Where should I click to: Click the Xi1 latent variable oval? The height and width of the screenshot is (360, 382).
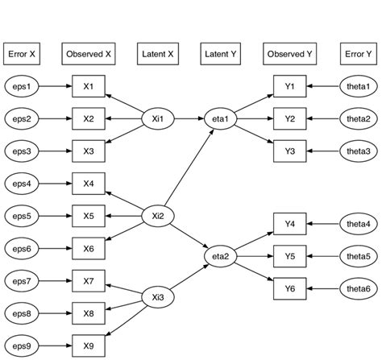pos(158,119)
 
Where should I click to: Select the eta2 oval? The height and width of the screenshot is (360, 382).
pos(221,257)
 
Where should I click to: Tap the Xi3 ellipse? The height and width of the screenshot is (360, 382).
pos(158,298)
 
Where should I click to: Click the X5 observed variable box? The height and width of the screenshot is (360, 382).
pos(89,216)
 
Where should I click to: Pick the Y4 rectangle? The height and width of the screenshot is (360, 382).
pos(290,223)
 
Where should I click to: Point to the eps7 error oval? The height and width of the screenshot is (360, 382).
pos(23,281)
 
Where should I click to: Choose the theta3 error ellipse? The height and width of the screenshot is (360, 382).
pos(359,151)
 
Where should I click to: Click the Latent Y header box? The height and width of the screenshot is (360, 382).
pos(221,55)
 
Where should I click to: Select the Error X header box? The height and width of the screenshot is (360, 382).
pos(23,55)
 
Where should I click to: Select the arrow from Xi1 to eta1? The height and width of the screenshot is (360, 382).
pos(189,119)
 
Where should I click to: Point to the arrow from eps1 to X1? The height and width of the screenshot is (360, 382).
pos(56,86)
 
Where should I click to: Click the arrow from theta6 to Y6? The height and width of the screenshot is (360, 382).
pos(324,288)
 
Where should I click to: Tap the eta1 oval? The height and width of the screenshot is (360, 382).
pos(221,119)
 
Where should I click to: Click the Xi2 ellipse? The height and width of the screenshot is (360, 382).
pos(158,216)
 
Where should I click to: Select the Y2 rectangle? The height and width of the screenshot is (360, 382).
pos(290,119)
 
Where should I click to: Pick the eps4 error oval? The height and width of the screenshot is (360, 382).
pos(23,184)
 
